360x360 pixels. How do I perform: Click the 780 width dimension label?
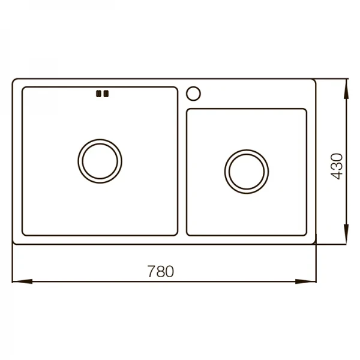click(160, 271)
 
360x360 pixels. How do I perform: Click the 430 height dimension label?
click(337, 166)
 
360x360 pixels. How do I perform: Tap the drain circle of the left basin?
click(100, 161)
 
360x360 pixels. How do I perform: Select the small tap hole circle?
click(194, 94)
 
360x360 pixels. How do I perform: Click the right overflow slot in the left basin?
click(106, 93)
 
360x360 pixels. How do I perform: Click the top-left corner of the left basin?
click(23, 88)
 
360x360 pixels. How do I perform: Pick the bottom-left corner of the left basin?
click(23, 234)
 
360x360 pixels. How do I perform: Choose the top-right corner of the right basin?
click(306, 110)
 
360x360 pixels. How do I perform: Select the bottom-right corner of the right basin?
click(306, 234)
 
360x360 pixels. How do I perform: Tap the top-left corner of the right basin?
click(187, 110)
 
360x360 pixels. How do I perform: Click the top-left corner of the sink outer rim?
click(14, 79)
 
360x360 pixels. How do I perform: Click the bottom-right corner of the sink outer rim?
click(316, 244)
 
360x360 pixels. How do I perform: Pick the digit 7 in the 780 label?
click(151, 271)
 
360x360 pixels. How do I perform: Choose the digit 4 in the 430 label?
click(337, 175)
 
